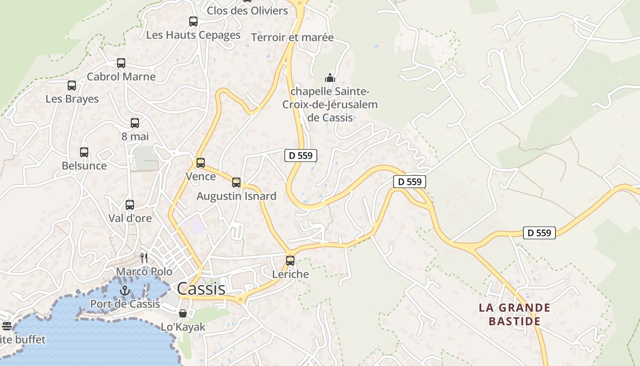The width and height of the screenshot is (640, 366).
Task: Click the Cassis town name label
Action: click(x=201, y=289)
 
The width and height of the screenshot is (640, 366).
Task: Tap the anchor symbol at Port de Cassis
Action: click(x=125, y=291)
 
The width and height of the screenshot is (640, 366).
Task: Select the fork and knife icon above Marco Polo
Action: click(x=144, y=258)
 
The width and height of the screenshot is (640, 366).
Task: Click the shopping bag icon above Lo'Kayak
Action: click(x=183, y=313)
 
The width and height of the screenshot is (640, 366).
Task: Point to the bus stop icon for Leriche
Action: click(x=290, y=261)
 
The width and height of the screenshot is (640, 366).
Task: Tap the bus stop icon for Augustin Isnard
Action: click(x=236, y=183)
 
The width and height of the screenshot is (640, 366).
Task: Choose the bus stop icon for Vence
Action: click(x=201, y=162)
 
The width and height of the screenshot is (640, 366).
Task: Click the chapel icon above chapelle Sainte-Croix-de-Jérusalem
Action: click(x=330, y=77)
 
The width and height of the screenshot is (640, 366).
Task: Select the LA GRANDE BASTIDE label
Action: click(x=514, y=314)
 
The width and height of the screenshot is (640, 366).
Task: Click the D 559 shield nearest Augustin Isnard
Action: click(x=301, y=156)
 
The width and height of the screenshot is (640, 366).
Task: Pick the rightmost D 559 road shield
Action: click(x=539, y=233)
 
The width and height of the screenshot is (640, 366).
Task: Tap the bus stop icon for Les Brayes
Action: click(x=72, y=86)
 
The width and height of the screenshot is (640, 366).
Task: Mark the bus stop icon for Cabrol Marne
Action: click(x=121, y=63)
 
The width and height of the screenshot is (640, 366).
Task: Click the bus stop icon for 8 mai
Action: click(x=135, y=123)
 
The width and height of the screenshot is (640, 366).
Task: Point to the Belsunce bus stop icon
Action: click(x=84, y=152)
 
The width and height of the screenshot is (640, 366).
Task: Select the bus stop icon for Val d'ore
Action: click(x=130, y=205)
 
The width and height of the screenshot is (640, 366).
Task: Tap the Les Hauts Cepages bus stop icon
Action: click(x=193, y=21)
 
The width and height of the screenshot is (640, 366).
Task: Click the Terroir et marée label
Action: click(x=293, y=38)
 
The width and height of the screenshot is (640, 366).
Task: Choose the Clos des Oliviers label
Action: click(x=247, y=11)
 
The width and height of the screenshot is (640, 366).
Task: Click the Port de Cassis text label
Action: click(x=125, y=304)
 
